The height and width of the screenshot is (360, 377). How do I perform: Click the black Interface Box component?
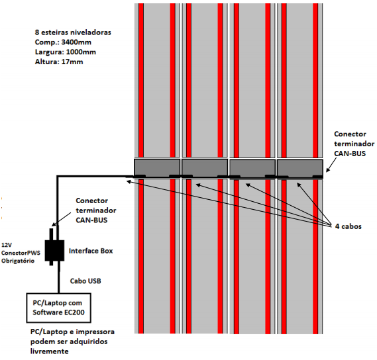coord(54,250)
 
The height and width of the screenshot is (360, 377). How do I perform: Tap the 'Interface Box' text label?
coord(91,251)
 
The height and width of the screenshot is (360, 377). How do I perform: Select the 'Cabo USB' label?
coord(85,281)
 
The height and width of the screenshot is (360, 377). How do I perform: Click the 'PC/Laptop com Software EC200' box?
coord(59,308)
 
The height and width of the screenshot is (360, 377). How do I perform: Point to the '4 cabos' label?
coord(349,226)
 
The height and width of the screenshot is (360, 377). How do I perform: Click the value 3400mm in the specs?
coord(76,42)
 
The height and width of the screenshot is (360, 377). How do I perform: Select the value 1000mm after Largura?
coord(81,52)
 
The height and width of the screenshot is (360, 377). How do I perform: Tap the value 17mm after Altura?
coord(72,62)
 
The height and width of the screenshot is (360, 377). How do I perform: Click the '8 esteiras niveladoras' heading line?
coord(73,32)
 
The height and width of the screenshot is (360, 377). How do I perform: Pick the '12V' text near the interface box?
coord(7,245)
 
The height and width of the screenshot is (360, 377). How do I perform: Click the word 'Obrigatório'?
coord(18,261)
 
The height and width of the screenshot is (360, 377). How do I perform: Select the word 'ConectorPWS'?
coord(21,253)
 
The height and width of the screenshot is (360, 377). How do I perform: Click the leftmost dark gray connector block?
coord(157,168)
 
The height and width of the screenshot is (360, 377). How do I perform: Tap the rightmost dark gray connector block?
coord(300,168)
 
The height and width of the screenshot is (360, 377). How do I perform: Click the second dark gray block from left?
coord(205,168)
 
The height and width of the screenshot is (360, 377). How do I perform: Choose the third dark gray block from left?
coord(252,168)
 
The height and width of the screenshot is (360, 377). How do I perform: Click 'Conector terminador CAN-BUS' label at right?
coord(354,144)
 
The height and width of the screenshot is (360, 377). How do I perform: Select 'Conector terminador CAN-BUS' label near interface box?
coord(96,210)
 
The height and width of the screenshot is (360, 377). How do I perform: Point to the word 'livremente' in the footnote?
coord(50,351)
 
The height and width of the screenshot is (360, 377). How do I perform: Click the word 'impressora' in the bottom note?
coord(95,332)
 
